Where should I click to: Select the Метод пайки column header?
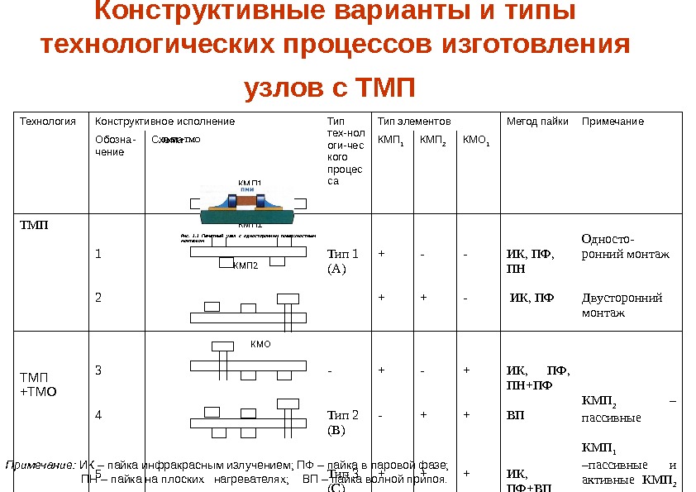click(537, 122)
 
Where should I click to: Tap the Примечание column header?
click(613, 122)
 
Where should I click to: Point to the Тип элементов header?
click(414, 122)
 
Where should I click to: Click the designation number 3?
click(98, 370)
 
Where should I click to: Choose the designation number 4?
click(98, 415)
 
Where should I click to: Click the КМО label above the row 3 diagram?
click(260, 343)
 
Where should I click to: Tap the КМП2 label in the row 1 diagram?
click(246, 265)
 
